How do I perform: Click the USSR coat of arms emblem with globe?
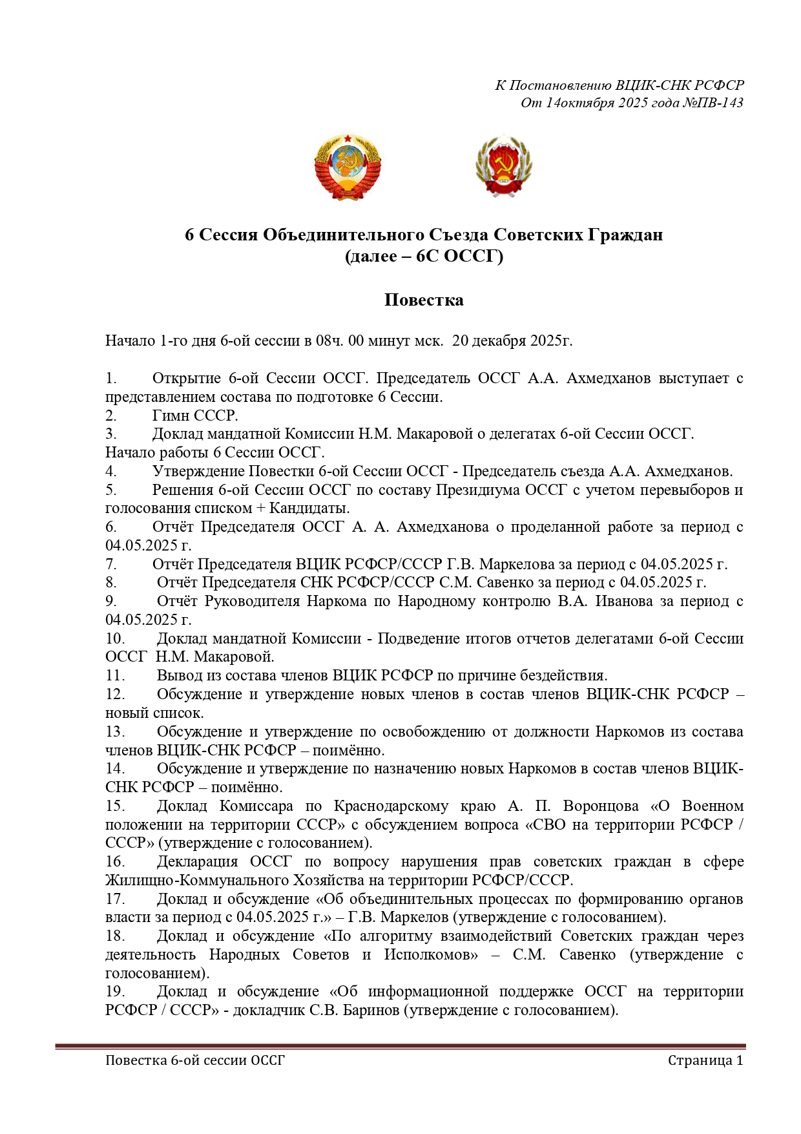pyautogui.click(x=348, y=167)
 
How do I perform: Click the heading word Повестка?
pyautogui.click(x=424, y=300)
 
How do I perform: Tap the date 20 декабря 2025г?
pyautogui.click(x=512, y=341)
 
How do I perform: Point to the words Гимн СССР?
pyautogui.click(x=195, y=415)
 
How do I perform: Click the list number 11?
pyautogui.click(x=115, y=676)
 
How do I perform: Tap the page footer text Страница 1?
pyautogui.click(x=705, y=1060)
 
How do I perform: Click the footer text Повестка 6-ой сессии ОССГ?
pyautogui.click(x=195, y=1060)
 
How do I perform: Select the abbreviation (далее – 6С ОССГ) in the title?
pyautogui.click(x=424, y=257)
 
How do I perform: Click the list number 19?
pyautogui.click(x=115, y=992)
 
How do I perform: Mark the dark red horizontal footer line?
pyautogui.click(x=400, y=1045)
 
